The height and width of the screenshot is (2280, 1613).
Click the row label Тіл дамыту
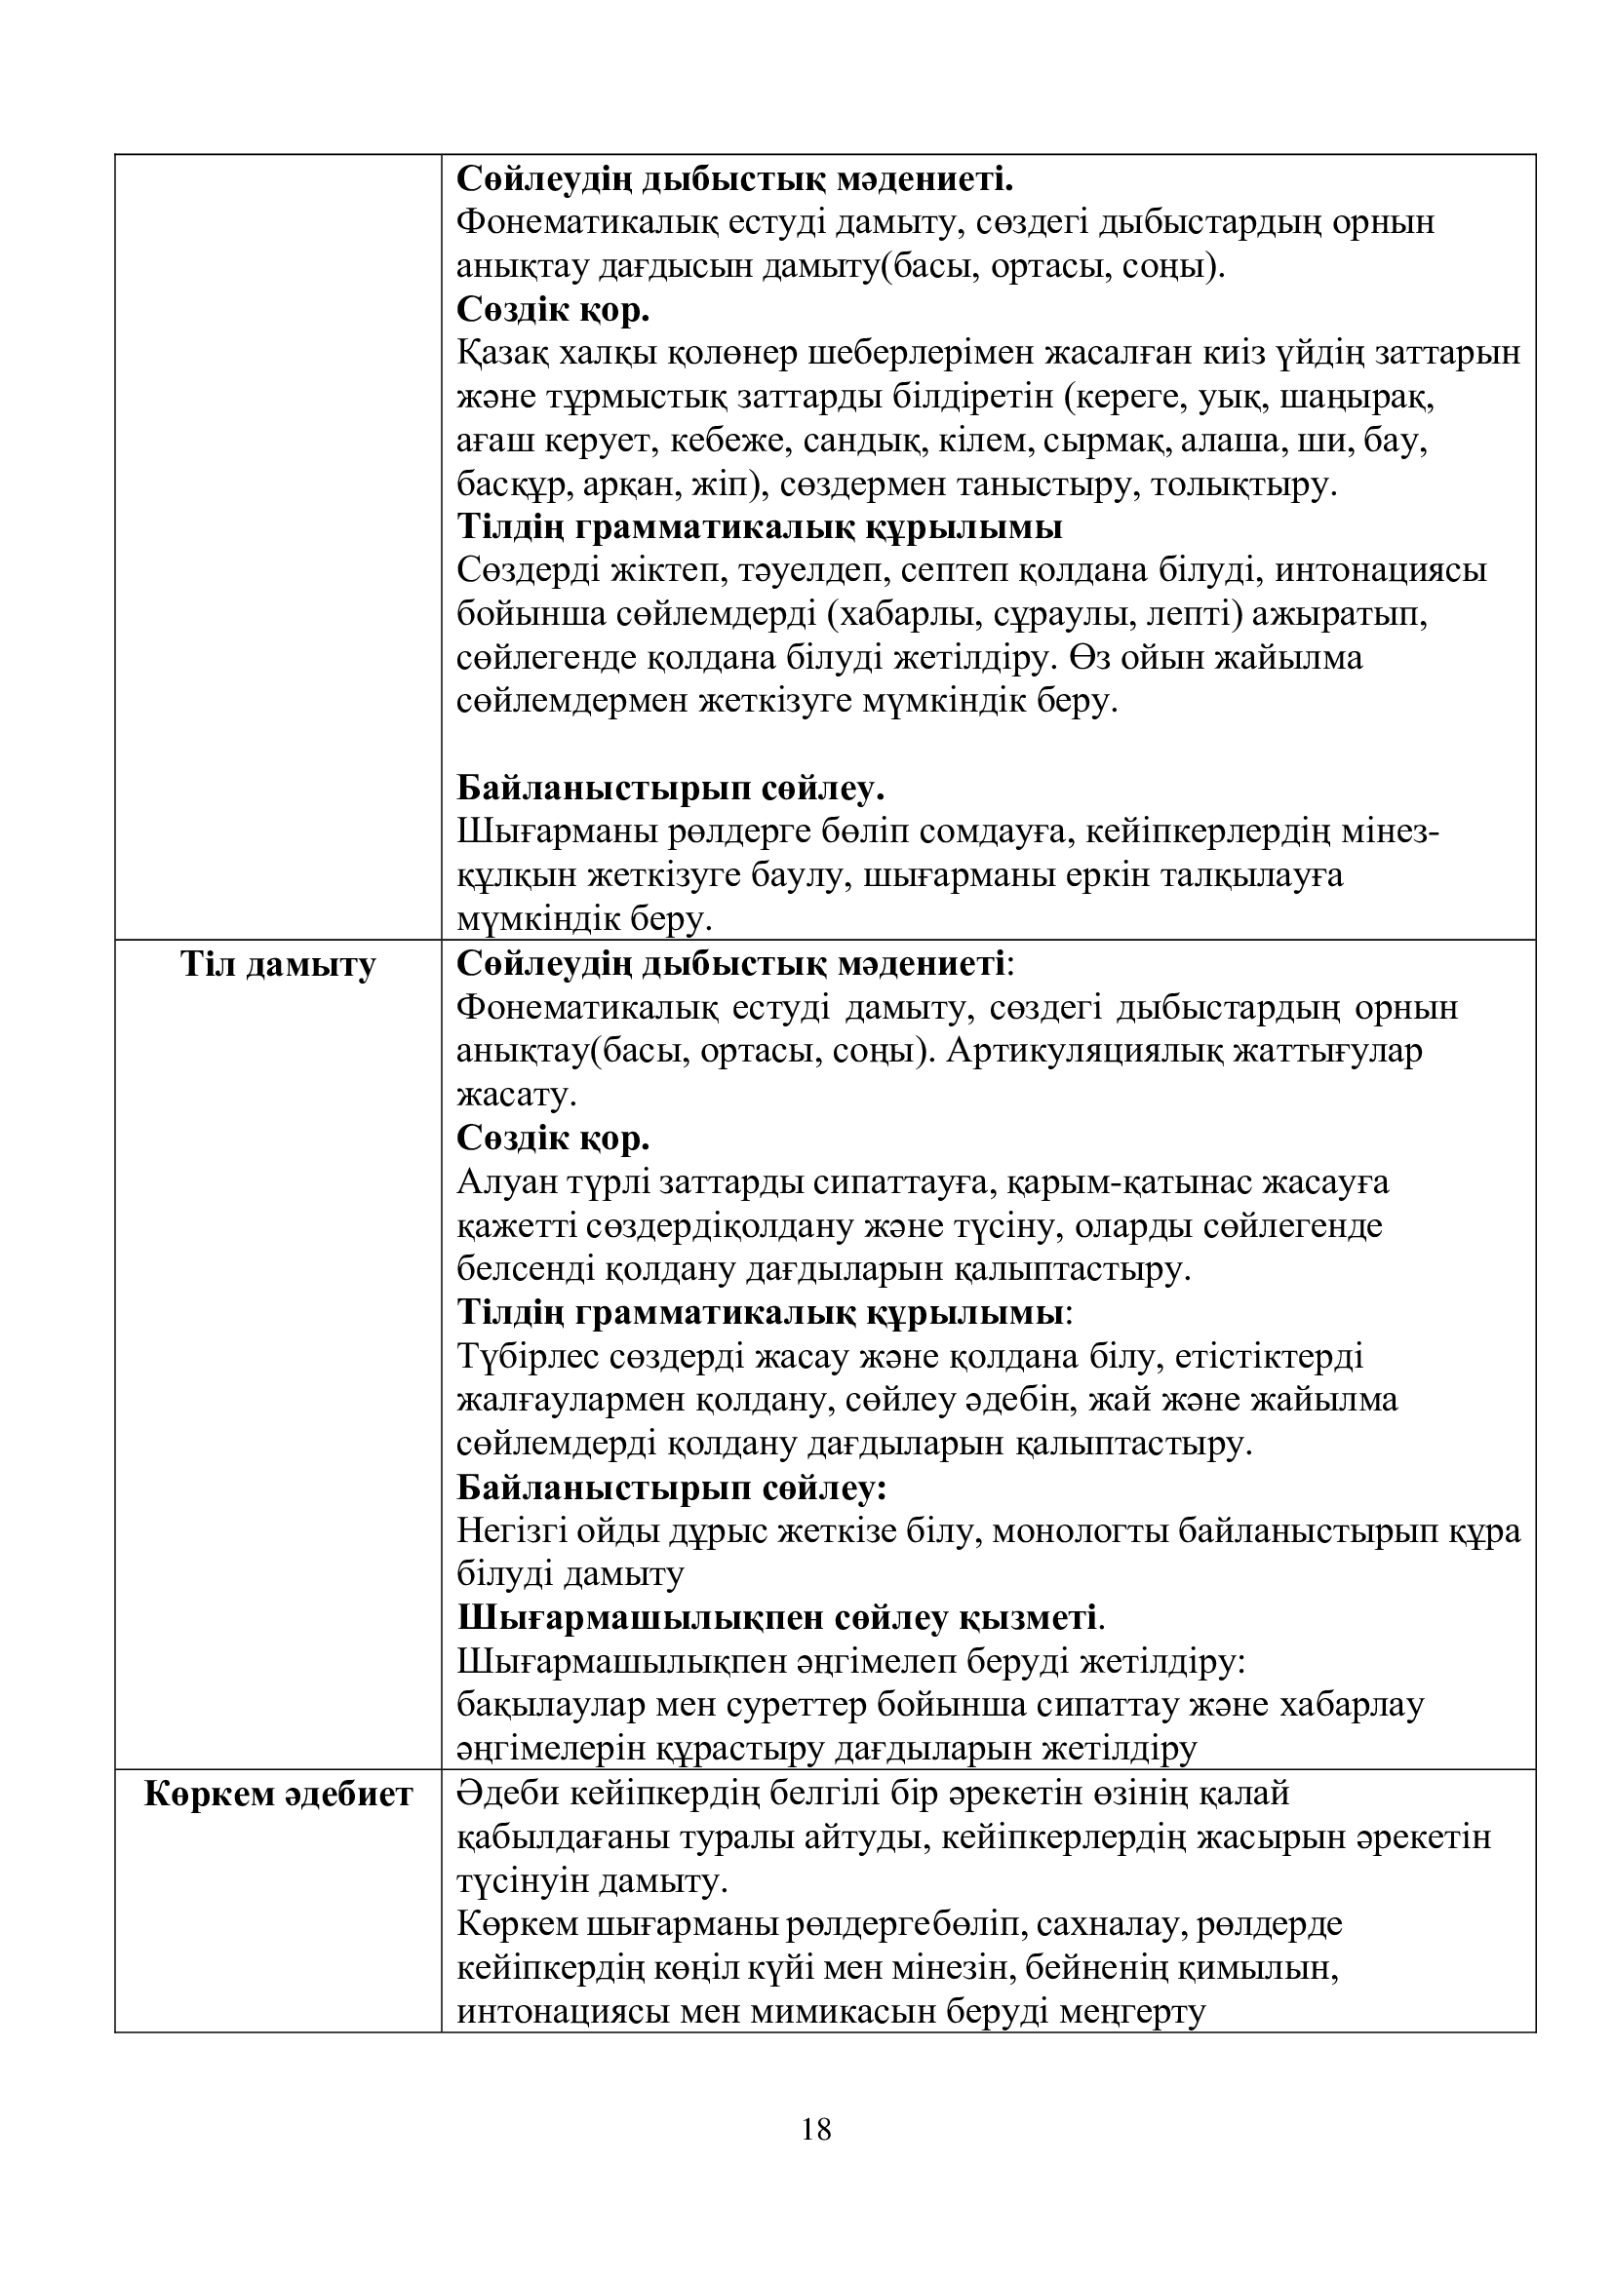278,964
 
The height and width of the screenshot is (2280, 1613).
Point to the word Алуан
503,1182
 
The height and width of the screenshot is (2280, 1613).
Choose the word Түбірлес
527,1358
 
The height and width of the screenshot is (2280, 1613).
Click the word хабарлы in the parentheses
903,617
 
